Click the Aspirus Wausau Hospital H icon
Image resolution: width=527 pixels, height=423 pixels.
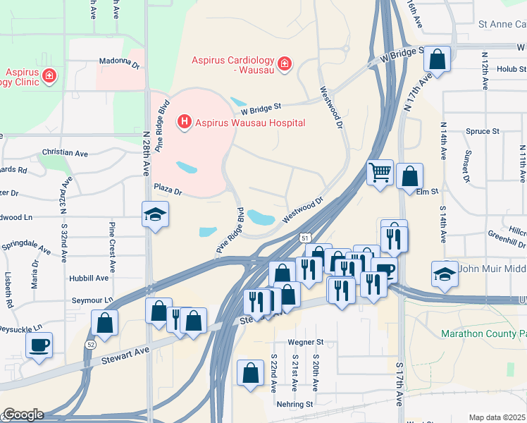click(x=185, y=123)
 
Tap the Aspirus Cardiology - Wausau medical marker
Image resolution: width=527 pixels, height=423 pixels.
click(x=285, y=65)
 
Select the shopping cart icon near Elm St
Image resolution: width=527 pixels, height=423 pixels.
click(x=380, y=171)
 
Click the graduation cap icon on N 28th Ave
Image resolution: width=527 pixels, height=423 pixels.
click(x=155, y=214)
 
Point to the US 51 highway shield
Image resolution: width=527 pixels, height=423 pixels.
click(x=305, y=238)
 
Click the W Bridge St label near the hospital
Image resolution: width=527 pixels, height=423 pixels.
click(x=261, y=108)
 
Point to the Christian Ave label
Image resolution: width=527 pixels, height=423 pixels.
click(x=64, y=152)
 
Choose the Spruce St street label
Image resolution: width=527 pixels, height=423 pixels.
click(x=483, y=131)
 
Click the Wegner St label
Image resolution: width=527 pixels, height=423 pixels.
click(x=305, y=343)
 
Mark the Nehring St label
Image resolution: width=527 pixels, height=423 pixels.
click(x=294, y=404)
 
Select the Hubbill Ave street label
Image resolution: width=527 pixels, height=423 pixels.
click(x=89, y=278)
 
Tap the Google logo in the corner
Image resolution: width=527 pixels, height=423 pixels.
click(x=23, y=415)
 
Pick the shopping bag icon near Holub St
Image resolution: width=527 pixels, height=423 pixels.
click(x=437, y=60)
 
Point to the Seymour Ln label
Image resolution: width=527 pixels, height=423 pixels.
click(x=92, y=300)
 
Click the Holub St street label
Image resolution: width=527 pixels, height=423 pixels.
click(x=511, y=69)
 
